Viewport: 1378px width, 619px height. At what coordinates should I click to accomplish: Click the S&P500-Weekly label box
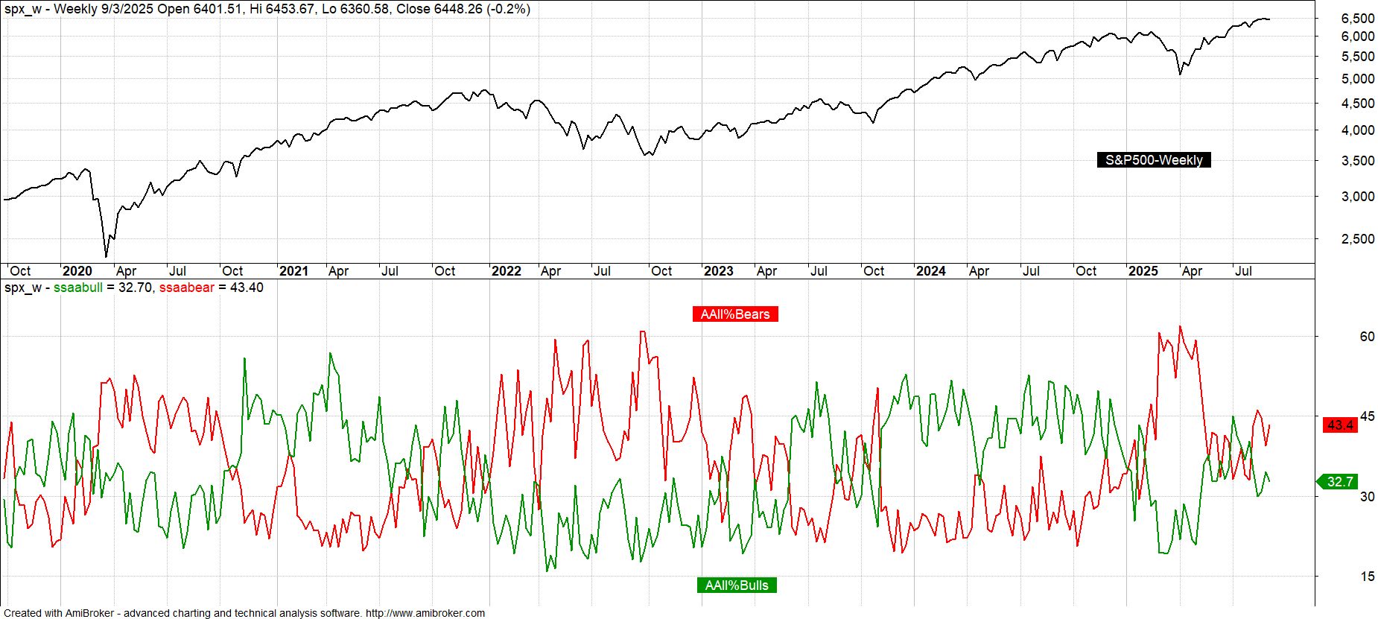tap(1153, 160)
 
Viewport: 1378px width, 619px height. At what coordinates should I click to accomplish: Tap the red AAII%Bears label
tap(735, 314)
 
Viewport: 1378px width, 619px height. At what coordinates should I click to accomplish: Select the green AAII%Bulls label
tap(737, 585)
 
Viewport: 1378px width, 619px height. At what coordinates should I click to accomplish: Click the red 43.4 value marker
tap(1339, 425)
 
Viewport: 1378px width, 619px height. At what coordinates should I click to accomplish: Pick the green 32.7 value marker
tap(1339, 482)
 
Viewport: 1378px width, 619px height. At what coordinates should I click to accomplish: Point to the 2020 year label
tap(77, 271)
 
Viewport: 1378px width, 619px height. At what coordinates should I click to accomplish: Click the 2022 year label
tap(506, 271)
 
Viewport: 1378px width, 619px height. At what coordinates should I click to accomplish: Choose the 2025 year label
tap(1143, 271)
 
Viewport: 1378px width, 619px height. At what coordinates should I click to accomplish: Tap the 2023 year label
tap(718, 271)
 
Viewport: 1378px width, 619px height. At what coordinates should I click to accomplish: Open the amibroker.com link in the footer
tap(425, 613)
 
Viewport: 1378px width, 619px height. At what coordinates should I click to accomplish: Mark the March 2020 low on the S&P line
tap(106, 257)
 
